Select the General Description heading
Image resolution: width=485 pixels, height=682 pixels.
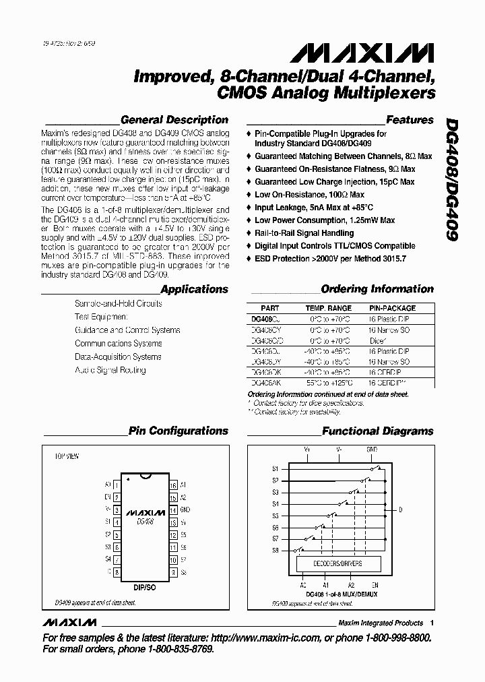coord(174,120)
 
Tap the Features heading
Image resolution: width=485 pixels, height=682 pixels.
coord(410,120)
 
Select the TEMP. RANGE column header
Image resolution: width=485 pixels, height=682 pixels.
coord(330,308)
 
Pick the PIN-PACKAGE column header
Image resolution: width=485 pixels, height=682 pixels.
coord(392,308)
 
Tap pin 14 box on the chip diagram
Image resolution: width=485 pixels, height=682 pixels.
coord(173,511)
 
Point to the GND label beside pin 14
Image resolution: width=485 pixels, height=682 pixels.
coord(185,511)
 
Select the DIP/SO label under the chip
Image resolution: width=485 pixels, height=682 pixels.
coord(145,588)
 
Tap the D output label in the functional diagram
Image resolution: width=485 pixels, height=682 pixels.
coord(400,510)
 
